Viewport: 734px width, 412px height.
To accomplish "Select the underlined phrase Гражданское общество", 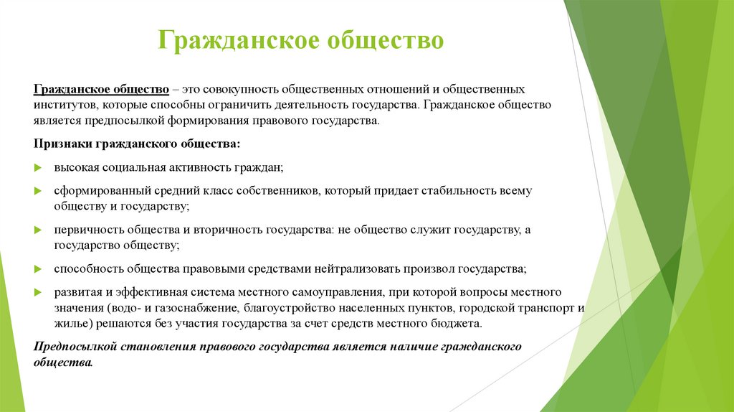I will click(x=101, y=89).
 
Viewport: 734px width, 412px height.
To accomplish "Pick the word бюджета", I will click(x=458, y=324).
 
